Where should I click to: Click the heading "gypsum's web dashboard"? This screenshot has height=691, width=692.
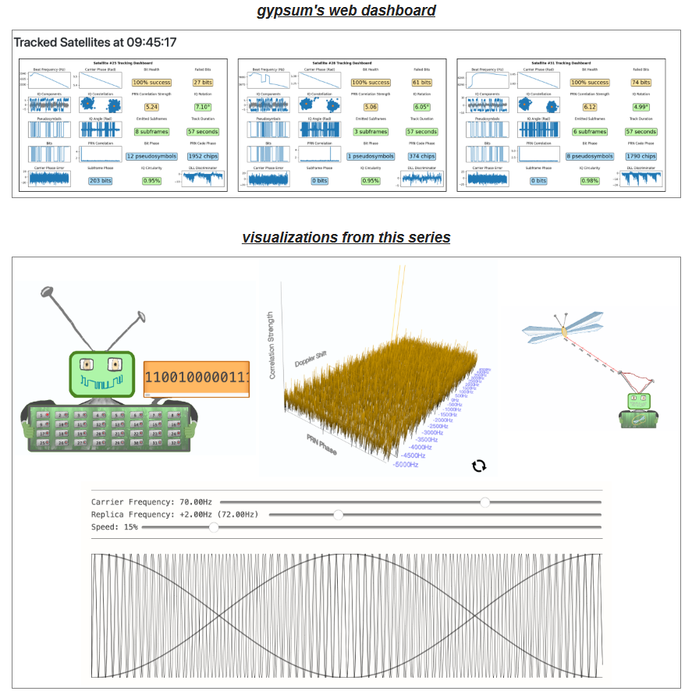pyautogui.click(x=346, y=11)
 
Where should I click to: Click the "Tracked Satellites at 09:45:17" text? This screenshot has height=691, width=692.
pyautogui.click(x=95, y=42)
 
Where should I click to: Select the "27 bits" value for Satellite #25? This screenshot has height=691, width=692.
pyautogui.click(x=203, y=83)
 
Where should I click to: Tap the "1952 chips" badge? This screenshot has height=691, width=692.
pyautogui.click(x=203, y=156)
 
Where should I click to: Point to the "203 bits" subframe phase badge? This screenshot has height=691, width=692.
pyautogui.click(x=100, y=181)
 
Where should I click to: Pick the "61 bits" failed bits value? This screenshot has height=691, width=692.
pyautogui.click(x=422, y=83)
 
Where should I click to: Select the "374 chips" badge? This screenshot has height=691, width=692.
pyautogui.click(x=422, y=156)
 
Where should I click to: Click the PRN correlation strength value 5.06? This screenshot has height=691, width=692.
pyautogui.click(x=371, y=107)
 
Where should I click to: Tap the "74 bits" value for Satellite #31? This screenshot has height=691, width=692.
pyautogui.click(x=641, y=83)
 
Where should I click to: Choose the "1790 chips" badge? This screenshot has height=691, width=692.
pyautogui.click(x=641, y=156)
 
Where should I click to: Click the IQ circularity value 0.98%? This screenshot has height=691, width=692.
pyautogui.click(x=590, y=181)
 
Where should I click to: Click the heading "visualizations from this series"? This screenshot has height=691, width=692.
pyautogui.click(x=346, y=237)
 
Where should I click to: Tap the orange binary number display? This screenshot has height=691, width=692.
pyautogui.click(x=197, y=378)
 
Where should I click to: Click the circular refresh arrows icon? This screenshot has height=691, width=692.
pyautogui.click(x=479, y=466)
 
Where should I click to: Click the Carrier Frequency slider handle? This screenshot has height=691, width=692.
pyautogui.click(x=485, y=502)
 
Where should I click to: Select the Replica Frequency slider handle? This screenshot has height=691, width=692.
pyautogui.click(x=338, y=515)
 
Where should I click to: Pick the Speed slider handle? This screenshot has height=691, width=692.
pyautogui.click(x=214, y=527)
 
